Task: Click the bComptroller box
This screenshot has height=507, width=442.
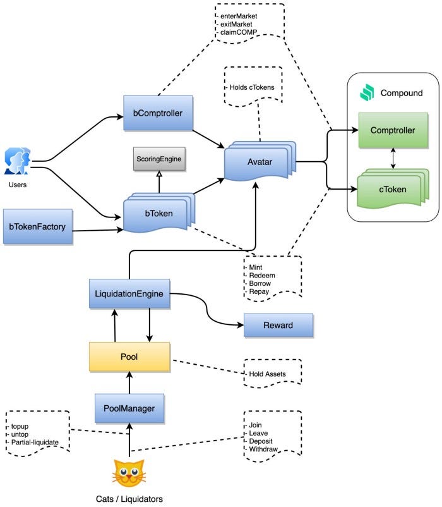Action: pyautogui.click(x=158, y=113)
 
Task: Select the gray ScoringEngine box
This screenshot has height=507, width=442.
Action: pyautogui.click(x=159, y=159)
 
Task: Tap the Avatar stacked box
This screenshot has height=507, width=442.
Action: pyautogui.click(x=260, y=161)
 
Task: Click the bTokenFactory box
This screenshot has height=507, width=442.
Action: pyautogui.click(x=38, y=226)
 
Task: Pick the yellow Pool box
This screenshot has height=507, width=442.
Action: pyautogui.click(x=129, y=357)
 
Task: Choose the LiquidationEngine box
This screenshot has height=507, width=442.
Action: pyautogui.click(x=129, y=293)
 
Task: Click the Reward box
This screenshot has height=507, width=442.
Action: pyautogui.click(x=278, y=326)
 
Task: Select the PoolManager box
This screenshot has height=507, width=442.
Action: pyautogui.click(x=129, y=408)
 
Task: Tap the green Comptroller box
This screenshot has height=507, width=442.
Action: pyautogui.click(x=393, y=130)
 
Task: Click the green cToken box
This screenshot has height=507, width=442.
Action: pyautogui.click(x=393, y=188)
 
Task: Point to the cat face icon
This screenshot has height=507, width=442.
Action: pyautogui.click(x=129, y=473)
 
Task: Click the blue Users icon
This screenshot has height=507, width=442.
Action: pyautogui.click(x=18, y=161)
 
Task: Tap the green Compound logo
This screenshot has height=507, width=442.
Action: pyautogui.click(x=367, y=92)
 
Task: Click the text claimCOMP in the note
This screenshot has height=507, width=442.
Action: pyautogui.click(x=239, y=32)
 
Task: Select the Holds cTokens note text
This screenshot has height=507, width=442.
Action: pyautogui.click(x=252, y=87)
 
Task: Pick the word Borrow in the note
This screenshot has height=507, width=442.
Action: pyautogui.click(x=260, y=284)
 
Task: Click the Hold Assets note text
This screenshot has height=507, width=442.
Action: pyautogui.click(x=267, y=374)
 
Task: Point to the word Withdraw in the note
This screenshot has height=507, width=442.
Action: pyautogui.click(x=263, y=449)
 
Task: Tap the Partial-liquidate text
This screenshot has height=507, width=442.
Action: pyautogui.click(x=35, y=443)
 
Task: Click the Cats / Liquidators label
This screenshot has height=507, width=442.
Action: pyautogui.click(x=129, y=499)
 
